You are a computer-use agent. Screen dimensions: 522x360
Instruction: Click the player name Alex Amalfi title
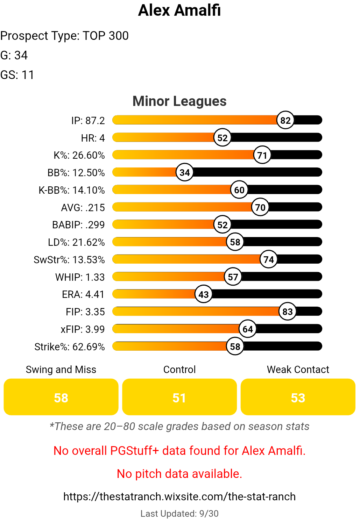coord(179,10)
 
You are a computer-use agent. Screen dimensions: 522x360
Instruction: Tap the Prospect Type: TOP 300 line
coord(64,36)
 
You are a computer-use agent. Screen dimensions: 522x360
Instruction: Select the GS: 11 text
coord(17,75)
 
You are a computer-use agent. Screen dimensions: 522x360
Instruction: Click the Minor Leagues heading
coord(179,101)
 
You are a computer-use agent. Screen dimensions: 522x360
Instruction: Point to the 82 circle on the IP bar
coord(285,120)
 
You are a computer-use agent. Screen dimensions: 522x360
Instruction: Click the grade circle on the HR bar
coord(223,138)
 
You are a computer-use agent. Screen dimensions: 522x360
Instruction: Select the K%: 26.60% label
coord(79,155)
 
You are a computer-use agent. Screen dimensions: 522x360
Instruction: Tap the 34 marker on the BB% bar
coord(185,172)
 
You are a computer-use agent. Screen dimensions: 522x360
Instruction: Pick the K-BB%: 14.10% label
coord(72,190)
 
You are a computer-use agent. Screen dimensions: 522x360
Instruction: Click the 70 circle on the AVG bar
coord(260,207)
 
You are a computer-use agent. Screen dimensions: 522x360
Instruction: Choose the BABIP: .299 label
coord(78,225)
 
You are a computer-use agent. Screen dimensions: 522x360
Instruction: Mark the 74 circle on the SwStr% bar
coord(269,259)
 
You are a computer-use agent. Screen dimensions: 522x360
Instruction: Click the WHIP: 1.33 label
coord(80,277)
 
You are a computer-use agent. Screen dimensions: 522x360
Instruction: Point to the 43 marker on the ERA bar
coord(204,294)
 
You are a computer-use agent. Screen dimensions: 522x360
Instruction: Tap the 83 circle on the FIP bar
coord(288,312)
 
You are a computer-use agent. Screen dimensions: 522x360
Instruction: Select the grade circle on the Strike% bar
coord(235,346)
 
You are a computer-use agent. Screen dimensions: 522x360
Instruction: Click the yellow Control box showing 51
coord(179,397)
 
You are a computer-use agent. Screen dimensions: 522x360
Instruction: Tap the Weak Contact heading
coord(298,370)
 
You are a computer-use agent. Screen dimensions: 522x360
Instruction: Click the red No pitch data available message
coord(179,474)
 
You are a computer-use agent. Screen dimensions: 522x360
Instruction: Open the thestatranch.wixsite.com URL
coord(179,496)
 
